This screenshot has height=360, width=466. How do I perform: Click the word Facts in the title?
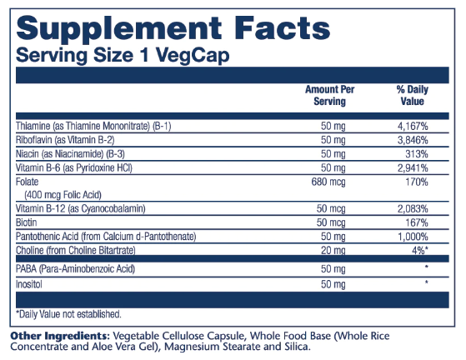pyautogui.click(x=283, y=28)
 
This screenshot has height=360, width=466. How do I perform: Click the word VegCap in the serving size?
pyautogui.click(x=193, y=56)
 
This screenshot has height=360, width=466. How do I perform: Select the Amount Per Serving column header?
pyautogui.click(x=329, y=95)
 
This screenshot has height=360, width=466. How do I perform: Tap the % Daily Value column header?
pyautogui.click(x=412, y=95)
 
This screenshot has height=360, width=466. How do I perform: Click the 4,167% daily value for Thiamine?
pyautogui.click(x=413, y=126)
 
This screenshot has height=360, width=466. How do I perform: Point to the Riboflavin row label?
pyautogui.click(x=65, y=140)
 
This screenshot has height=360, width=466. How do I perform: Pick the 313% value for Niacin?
pyautogui.click(x=417, y=154)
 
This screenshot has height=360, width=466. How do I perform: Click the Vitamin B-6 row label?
pyautogui.click(x=74, y=167)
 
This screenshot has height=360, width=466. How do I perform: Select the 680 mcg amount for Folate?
pyautogui.click(x=328, y=182)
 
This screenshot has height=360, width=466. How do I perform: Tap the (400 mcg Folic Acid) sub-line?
pyautogui.click(x=63, y=195)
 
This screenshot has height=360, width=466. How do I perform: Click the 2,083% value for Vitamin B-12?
pyautogui.click(x=413, y=209)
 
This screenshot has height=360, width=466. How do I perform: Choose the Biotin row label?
pyautogui.click(x=26, y=222)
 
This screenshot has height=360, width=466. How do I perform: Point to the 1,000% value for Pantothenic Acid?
pyautogui.click(x=413, y=237)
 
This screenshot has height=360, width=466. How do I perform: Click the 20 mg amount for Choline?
pyautogui.click(x=333, y=251)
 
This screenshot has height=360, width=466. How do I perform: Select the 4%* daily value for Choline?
pyautogui.click(x=420, y=251)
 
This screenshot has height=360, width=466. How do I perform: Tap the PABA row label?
pyautogui.click(x=75, y=269)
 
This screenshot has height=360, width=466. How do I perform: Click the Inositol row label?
pyautogui.click(x=29, y=284)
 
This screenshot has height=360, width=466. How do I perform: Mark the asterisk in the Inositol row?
pyautogui.click(x=427, y=282)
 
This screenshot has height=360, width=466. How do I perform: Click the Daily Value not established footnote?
pyautogui.click(x=68, y=314)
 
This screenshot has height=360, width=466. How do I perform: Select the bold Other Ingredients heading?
pyautogui.click(x=60, y=337)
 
